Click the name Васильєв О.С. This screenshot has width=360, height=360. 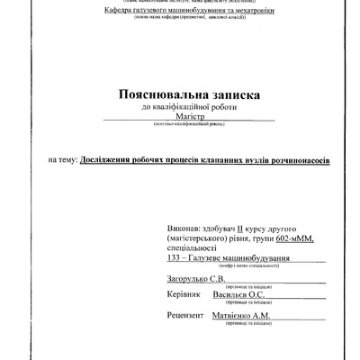pyautogui.click(x=256, y=295)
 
